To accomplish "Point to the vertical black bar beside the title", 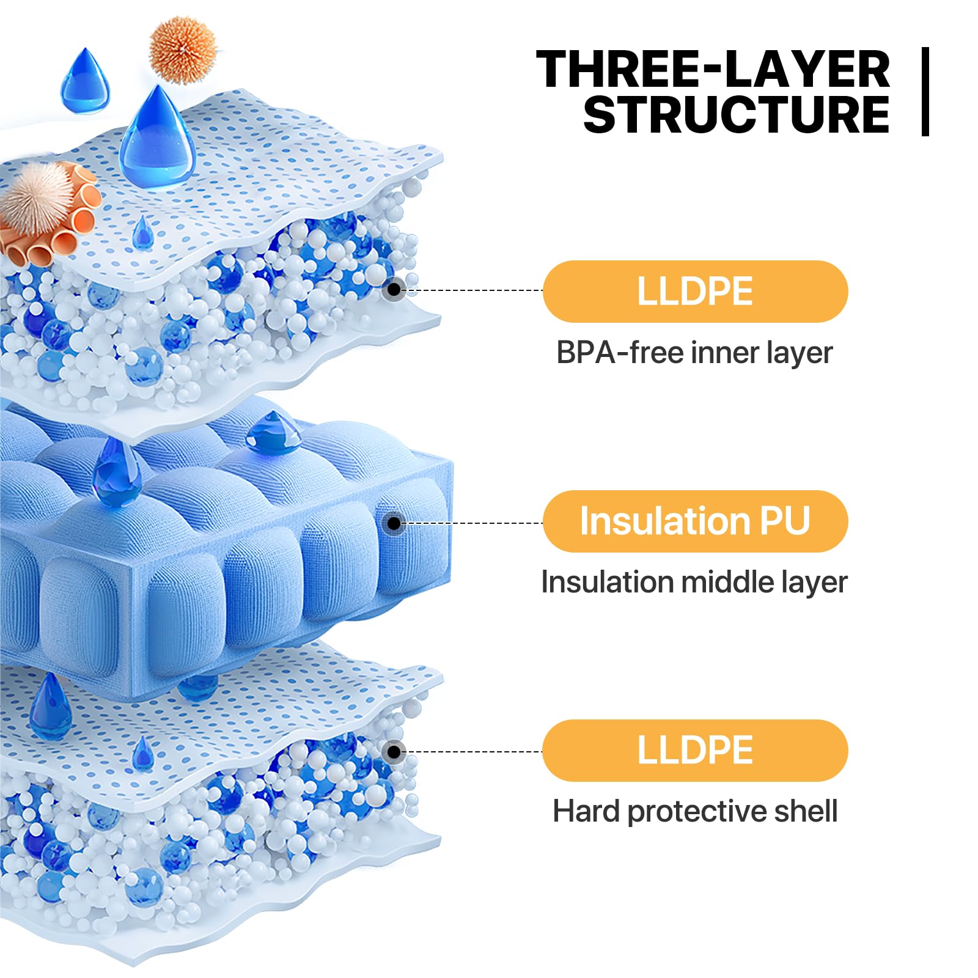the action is [x=925, y=91].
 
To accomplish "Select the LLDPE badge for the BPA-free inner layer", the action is [x=695, y=292].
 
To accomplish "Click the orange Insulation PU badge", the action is [x=695, y=521].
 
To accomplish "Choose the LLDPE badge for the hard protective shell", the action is [x=695, y=751].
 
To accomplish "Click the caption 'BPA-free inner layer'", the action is [x=694, y=353].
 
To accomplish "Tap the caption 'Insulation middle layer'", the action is [x=694, y=583].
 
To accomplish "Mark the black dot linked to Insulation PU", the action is [x=394, y=523].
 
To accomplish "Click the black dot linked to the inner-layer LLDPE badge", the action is [x=394, y=289].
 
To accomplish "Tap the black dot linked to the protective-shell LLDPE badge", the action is [x=394, y=752].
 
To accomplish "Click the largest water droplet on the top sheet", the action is [x=157, y=136].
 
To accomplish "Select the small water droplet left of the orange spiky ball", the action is [x=85, y=80].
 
